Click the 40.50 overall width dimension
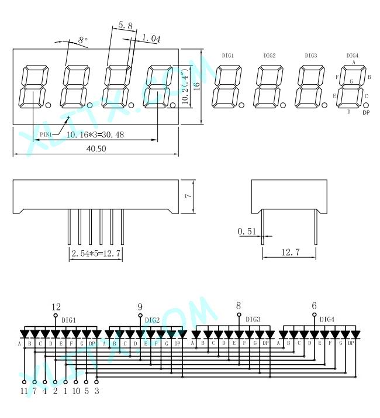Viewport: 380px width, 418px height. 96,148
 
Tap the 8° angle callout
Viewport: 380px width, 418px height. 83,40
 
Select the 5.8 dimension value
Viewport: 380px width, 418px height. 125,26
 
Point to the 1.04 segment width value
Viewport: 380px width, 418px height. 151,38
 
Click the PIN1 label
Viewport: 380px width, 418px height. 46,134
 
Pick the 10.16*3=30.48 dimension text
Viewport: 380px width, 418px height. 95,134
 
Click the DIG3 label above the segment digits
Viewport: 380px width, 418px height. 311,56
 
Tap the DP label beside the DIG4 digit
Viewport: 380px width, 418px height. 366,112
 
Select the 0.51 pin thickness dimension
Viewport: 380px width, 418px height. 247,231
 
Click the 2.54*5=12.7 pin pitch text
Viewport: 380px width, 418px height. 96,253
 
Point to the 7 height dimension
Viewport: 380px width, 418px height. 188,196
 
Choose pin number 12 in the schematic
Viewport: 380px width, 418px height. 56,307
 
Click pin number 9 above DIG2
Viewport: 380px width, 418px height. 140,307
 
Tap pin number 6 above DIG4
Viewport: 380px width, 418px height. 314,306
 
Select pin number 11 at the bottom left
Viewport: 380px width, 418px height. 24,391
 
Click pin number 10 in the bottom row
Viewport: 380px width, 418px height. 76,391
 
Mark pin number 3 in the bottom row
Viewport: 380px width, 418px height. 97,391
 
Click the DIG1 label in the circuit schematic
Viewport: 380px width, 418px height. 69,320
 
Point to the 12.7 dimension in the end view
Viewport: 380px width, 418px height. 291,252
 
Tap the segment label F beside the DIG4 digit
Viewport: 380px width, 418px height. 337,77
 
